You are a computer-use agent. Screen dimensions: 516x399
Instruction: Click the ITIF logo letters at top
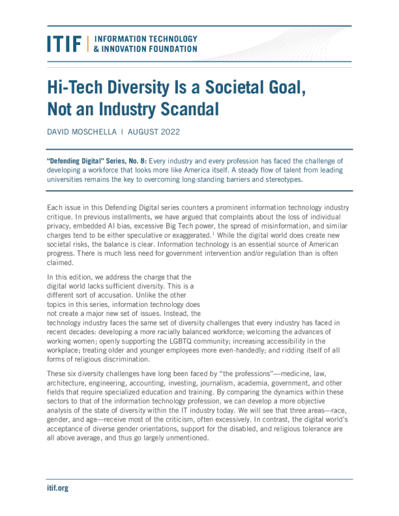[x=63, y=44]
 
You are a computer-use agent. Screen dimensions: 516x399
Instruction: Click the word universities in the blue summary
[x=67, y=179]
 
